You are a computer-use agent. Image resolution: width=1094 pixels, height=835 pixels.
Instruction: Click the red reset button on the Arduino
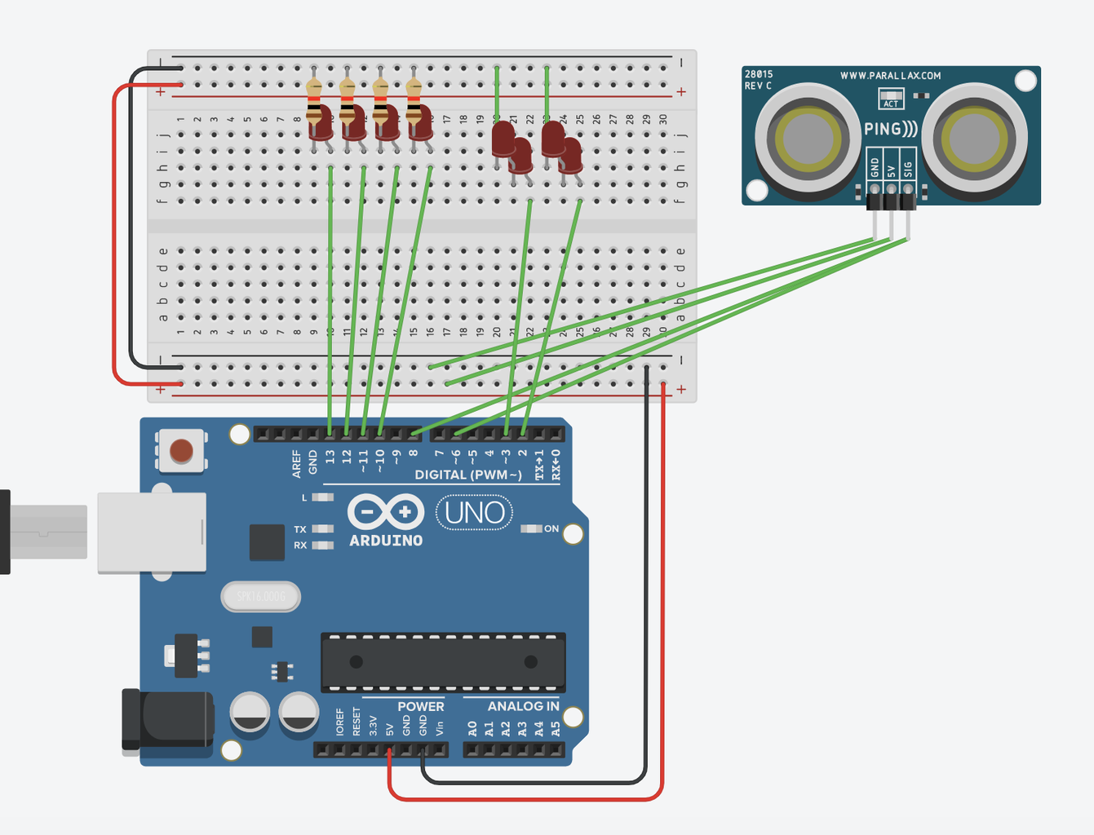coord(181,450)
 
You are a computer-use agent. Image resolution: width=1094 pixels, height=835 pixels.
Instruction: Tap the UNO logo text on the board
coord(474,513)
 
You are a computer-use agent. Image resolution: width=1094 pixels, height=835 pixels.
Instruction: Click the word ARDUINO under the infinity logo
coord(386,541)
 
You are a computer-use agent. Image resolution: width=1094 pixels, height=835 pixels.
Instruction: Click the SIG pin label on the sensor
coord(908,169)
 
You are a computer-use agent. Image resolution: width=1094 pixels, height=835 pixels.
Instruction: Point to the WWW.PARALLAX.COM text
coord(890,76)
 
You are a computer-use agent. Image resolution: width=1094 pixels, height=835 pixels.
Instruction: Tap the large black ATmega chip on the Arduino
coord(443,661)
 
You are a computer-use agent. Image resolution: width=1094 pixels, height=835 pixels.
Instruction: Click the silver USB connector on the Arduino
coord(151,532)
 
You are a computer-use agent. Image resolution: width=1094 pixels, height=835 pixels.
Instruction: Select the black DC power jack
coord(167,719)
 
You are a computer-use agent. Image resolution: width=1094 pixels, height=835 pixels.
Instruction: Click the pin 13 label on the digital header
coord(330,457)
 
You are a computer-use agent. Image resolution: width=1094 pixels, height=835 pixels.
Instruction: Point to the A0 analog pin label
coord(472,727)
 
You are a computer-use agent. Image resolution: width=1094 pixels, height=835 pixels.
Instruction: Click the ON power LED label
coord(551,529)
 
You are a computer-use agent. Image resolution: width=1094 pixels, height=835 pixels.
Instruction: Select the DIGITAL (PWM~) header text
coord(467,475)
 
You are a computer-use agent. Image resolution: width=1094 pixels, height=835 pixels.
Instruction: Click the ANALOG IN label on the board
coord(523,706)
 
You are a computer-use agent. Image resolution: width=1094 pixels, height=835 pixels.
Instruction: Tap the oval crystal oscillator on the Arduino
coord(261,597)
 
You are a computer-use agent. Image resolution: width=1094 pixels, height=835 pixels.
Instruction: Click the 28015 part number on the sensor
coord(759,74)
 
